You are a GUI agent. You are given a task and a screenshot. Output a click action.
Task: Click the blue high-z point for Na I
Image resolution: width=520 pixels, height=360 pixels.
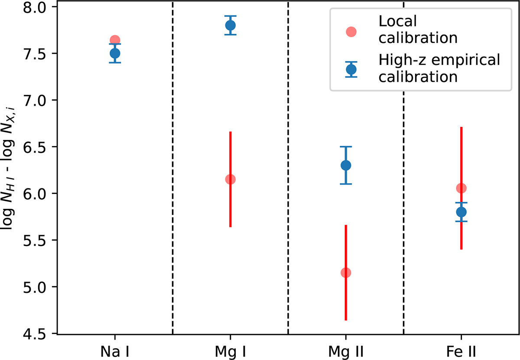[115, 53]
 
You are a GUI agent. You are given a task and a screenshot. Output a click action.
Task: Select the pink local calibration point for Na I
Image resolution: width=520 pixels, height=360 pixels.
[115, 40]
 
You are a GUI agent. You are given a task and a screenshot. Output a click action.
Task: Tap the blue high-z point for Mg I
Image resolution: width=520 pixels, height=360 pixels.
[230, 25]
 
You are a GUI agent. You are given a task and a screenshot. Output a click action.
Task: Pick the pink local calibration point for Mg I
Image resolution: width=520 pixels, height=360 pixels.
[230, 179]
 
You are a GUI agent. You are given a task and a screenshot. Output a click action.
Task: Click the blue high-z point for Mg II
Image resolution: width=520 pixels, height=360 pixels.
[346, 165]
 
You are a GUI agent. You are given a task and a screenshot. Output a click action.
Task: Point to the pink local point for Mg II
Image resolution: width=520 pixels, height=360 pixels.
[346, 272]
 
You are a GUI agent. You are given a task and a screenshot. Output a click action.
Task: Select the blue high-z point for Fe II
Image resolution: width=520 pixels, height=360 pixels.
[461, 212]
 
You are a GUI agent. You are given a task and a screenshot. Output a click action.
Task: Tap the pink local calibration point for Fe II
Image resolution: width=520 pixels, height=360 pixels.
[461, 188]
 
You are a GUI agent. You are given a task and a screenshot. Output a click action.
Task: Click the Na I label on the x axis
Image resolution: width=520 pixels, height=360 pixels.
[115, 349]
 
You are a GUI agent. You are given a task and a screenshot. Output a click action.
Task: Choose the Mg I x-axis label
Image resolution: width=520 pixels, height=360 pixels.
[230, 349]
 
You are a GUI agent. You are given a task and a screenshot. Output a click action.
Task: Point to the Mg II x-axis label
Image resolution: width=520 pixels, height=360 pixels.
[346, 349]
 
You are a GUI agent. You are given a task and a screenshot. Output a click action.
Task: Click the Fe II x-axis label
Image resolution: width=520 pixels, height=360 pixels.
[461, 349]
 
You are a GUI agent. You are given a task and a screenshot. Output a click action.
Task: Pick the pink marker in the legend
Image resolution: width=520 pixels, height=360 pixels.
[351, 32]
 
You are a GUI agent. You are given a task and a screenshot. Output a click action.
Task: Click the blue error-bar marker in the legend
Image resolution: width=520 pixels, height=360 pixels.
[351, 69]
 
